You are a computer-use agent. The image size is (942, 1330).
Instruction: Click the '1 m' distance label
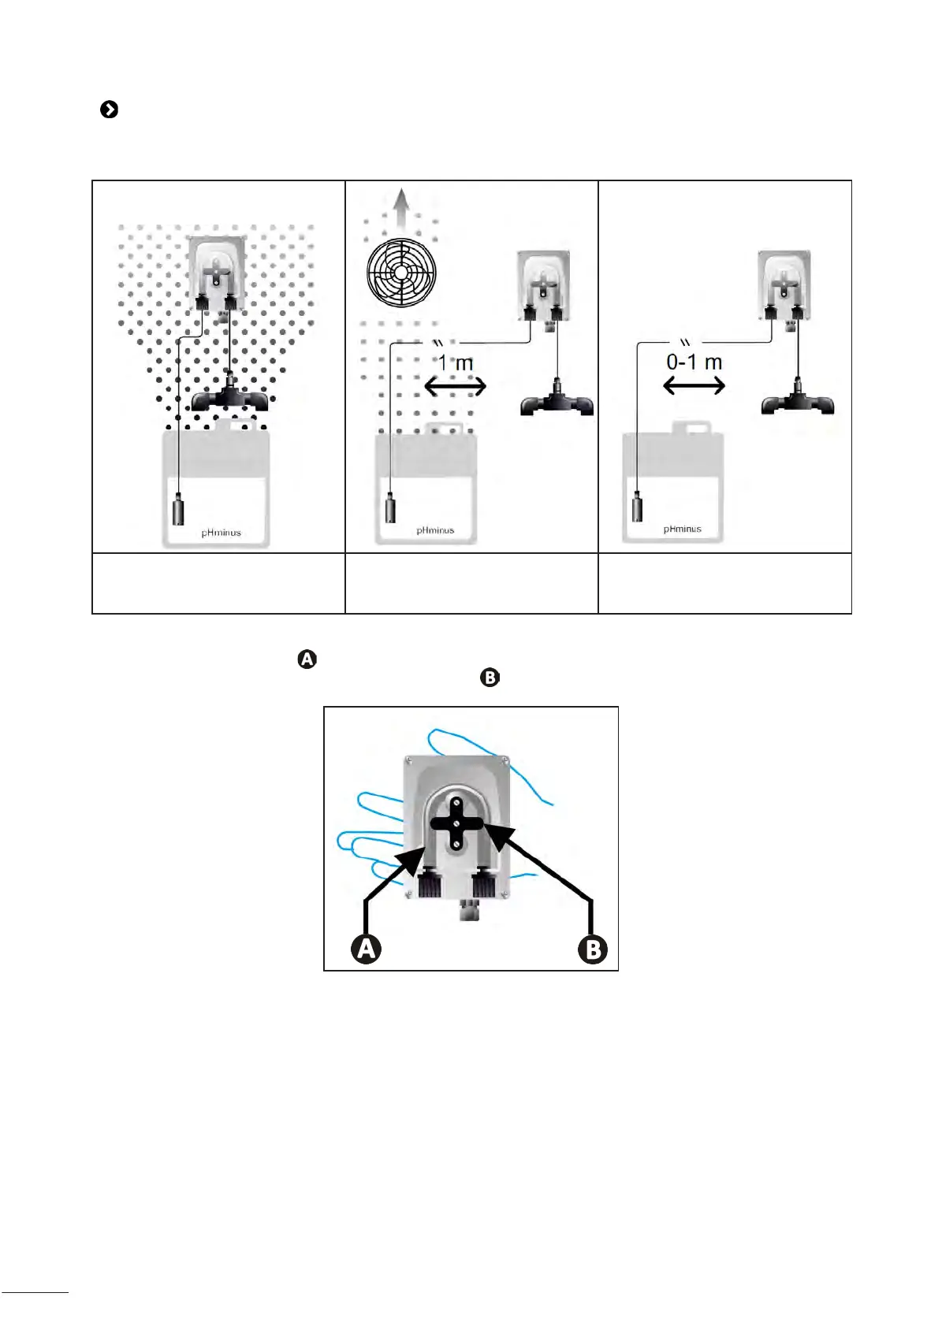pos(456,363)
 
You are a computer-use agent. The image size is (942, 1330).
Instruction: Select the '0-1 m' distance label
pos(694,362)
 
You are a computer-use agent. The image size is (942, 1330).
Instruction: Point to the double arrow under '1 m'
pos(456,386)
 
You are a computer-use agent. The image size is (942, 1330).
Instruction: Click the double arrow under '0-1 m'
pos(694,385)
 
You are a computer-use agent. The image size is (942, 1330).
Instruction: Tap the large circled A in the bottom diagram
pos(366,949)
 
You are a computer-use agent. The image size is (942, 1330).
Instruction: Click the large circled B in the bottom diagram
pos(593,949)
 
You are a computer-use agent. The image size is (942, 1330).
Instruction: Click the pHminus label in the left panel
pos(221,533)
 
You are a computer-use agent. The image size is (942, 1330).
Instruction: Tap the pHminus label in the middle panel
pos(435,530)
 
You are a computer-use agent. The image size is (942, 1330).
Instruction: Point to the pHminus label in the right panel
pos(682,529)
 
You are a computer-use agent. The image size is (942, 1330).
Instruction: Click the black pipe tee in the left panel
pos(229,397)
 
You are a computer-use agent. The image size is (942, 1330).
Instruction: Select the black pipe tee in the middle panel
pos(557,403)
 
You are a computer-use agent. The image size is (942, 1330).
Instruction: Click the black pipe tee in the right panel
pos(798,402)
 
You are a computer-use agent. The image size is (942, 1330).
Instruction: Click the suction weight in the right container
pos(638,506)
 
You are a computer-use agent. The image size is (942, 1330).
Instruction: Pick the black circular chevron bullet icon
pos(110,110)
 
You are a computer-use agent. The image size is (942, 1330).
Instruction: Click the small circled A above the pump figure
pos(307,659)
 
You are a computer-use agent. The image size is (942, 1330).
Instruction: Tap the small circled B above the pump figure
pos(490,678)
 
